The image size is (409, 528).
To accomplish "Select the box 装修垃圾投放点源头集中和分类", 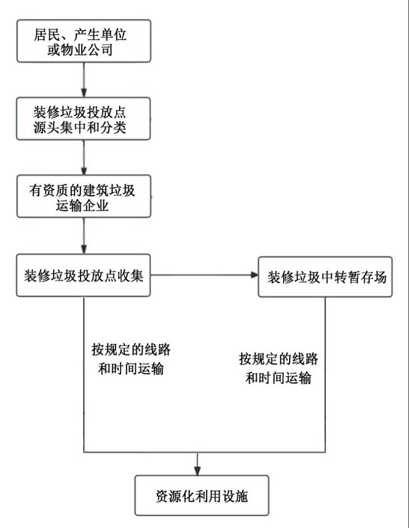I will click(84, 119).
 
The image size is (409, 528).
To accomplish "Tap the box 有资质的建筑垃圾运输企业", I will click(84, 197).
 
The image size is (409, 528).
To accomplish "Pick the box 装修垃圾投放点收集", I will click(84, 275).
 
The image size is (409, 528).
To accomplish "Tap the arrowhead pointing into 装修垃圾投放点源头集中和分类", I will click(84, 94).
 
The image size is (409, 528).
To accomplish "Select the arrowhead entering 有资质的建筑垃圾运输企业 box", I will click(84, 171).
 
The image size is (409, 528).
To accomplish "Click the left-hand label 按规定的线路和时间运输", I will click(131, 359).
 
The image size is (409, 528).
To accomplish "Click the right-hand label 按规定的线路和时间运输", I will click(278, 368).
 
